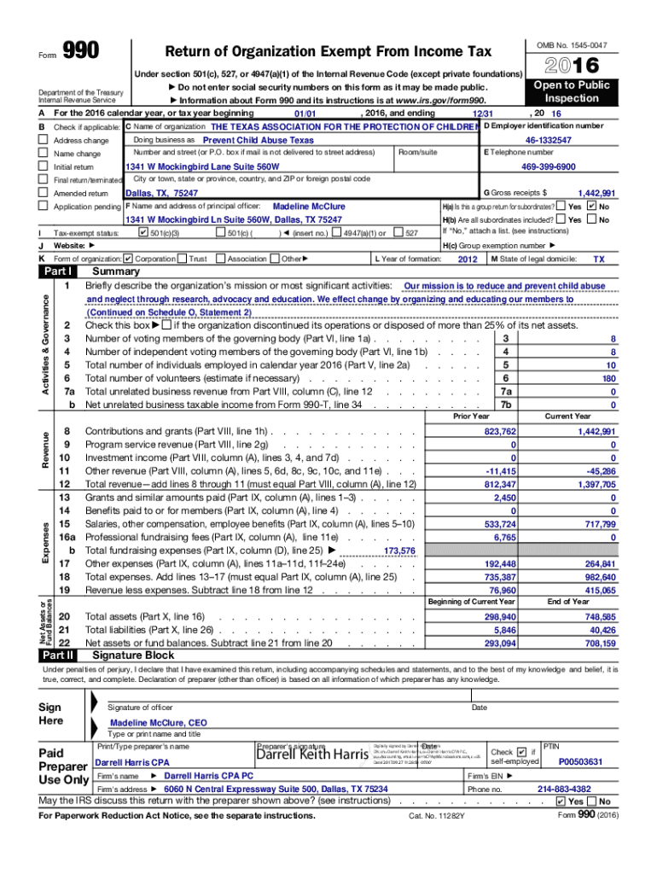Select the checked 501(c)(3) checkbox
point(142,233)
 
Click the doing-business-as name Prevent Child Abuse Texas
point(258,140)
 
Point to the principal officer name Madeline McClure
point(308,207)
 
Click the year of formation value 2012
point(468,259)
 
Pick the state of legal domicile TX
point(598,259)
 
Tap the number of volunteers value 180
point(608,378)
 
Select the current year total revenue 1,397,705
point(595,484)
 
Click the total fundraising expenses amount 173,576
point(399,551)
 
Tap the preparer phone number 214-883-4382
point(563,790)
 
